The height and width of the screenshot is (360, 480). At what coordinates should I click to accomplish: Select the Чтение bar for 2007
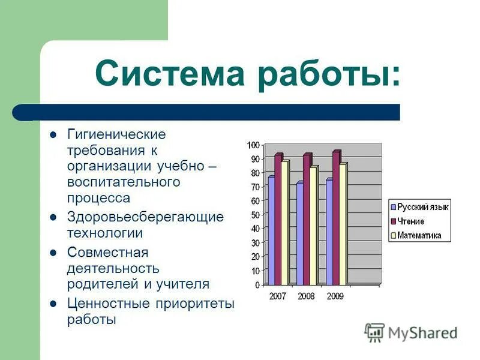[278, 219]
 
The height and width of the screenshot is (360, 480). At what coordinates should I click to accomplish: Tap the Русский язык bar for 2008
[299, 233]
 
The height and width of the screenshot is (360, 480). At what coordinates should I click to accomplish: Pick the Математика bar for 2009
[342, 223]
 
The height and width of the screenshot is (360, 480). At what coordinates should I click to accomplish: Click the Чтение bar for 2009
[336, 217]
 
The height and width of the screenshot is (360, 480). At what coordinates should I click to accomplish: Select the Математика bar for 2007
[285, 222]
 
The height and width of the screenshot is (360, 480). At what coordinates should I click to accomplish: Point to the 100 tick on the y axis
[253, 145]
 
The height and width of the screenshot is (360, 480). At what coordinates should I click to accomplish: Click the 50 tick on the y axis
[255, 215]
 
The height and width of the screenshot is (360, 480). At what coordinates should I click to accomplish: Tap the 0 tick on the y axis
[257, 285]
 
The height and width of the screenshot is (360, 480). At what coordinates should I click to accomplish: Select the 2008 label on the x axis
[306, 296]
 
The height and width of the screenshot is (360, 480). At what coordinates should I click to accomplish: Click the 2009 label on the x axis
[335, 296]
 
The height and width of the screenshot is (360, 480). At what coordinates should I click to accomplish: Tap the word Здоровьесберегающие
[145, 217]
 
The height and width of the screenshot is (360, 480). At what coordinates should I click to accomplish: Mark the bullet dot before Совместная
[53, 253]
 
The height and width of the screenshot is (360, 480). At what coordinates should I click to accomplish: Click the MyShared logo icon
[374, 332]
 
